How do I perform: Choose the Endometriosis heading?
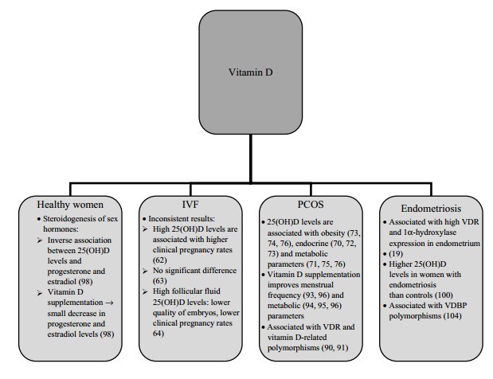pos(431,205)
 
